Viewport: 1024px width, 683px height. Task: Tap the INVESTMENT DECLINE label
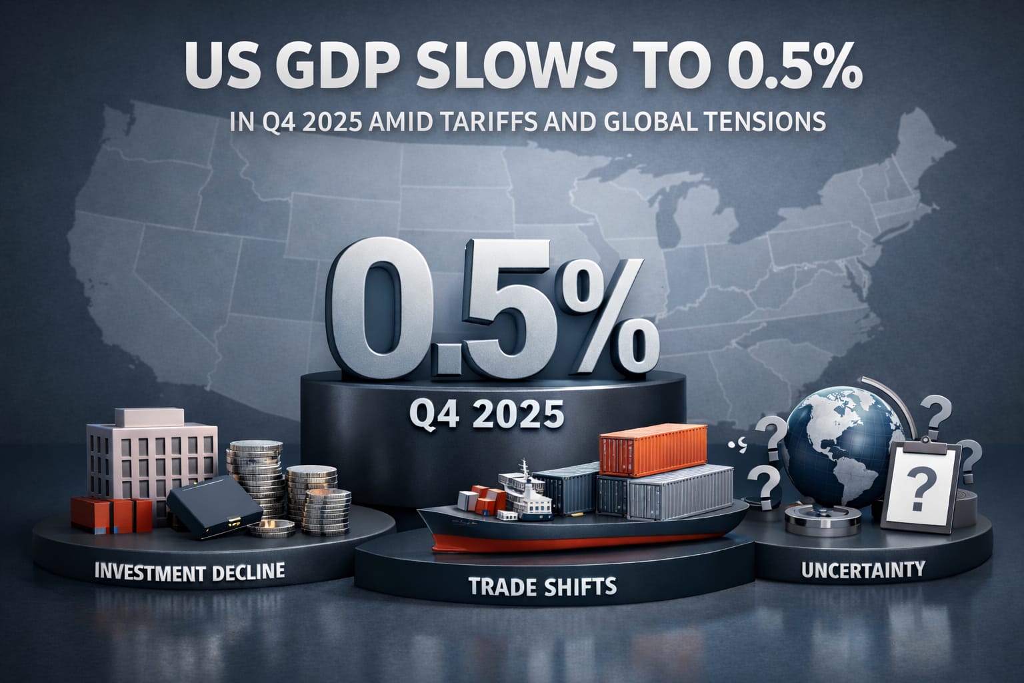[190, 572]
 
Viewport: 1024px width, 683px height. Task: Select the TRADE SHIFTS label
[543, 587]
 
